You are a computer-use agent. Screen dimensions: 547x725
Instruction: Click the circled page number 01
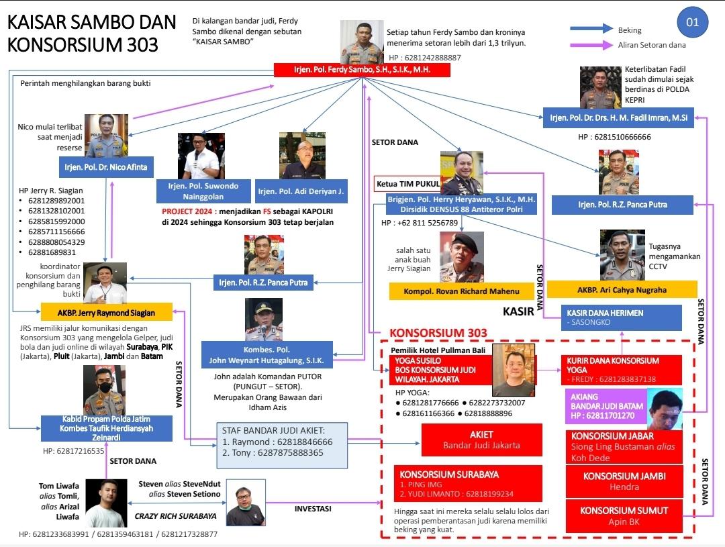(x=692, y=23)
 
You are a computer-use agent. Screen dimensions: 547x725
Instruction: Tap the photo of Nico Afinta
(x=106, y=136)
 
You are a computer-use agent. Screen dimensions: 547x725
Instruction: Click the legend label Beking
(x=630, y=30)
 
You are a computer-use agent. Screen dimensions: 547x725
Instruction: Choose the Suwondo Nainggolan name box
(x=203, y=191)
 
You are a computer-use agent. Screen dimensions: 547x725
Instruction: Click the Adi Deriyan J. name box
(x=301, y=191)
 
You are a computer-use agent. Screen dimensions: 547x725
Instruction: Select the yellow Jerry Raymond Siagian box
(x=106, y=312)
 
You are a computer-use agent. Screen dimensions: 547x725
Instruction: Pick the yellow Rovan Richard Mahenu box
(x=461, y=291)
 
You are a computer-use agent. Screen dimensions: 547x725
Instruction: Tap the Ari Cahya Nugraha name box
(x=622, y=289)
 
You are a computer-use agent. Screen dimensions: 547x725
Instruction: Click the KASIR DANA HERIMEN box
(x=621, y=317)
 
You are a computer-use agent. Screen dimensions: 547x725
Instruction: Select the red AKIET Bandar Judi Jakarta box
(x=481, y=440)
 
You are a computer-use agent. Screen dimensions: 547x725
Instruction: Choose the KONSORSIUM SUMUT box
(x=624, y=515)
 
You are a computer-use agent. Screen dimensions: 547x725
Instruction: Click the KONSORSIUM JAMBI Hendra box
(x=624, y=481)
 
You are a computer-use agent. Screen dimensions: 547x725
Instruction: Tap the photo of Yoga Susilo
(x=514, y=370)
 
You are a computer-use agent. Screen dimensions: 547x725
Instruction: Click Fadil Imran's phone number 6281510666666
(x=614, y=137)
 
